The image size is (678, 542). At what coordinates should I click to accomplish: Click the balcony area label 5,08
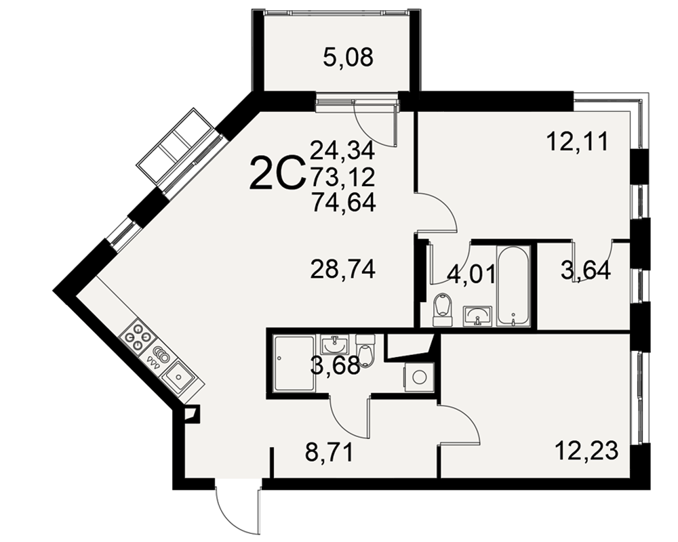[x=348, y=58]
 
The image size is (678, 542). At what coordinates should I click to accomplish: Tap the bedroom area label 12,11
[x=577, y=142]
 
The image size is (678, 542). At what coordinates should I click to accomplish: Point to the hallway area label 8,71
[x=329, y=453]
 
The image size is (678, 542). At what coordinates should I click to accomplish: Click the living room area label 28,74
[x=343, y=270]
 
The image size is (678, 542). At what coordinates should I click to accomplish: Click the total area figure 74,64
[x=343, y=202]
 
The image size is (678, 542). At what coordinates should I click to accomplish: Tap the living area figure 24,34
[x=342, y=151]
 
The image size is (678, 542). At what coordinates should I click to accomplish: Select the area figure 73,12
[x=343, y=176]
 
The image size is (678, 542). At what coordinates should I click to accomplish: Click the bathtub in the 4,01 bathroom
[x=513, y=285]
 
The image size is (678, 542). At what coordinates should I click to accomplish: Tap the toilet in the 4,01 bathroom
[x=441, y=310]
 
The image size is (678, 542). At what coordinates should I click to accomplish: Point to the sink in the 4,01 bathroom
[x=477, y=316]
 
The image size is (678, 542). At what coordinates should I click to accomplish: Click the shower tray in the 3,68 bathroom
[x=294, y=362]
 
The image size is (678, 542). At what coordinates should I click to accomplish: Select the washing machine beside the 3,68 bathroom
[x=418, y=377]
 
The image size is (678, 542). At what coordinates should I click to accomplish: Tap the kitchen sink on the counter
[x=178, y=375]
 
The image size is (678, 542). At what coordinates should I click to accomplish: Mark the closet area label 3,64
[x=586, y=270]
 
